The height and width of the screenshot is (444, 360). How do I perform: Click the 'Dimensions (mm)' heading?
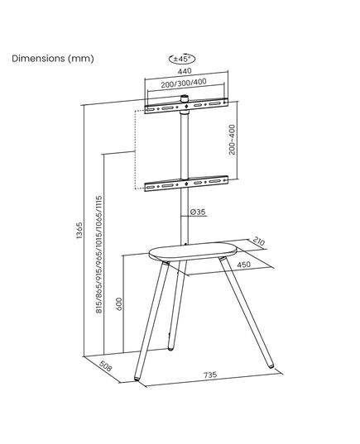tap(53, 59)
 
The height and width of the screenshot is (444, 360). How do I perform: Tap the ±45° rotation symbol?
tap(182, 59)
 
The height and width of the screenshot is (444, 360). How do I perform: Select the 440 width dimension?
tap(185, 71)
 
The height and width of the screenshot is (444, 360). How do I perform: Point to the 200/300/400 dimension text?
tap(184, 84)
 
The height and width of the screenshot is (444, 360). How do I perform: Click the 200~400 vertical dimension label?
tap(233, 140)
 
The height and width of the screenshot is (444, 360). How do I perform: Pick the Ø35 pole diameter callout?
tap(198, 212)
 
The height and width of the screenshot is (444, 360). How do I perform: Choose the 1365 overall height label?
tap(79, 230)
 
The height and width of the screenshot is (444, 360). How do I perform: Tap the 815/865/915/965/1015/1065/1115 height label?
tap(99, 255)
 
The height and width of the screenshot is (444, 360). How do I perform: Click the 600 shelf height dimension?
tap(119, 303)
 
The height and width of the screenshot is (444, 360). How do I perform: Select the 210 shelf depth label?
tap(258, 241)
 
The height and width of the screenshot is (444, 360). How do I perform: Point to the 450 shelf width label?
tap(244, 265)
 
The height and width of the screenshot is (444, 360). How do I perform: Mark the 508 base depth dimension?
tap(105, 366)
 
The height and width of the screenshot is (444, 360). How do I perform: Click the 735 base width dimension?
tap(210, 375)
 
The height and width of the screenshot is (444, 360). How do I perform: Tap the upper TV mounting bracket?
tap(186, 106)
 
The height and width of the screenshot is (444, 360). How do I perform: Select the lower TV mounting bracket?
tap(186, 184)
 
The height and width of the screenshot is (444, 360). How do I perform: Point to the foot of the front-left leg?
tap(137, 379)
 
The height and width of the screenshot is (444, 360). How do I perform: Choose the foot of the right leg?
tap(271, 366)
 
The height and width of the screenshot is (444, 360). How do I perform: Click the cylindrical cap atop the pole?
tap(185, 99)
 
